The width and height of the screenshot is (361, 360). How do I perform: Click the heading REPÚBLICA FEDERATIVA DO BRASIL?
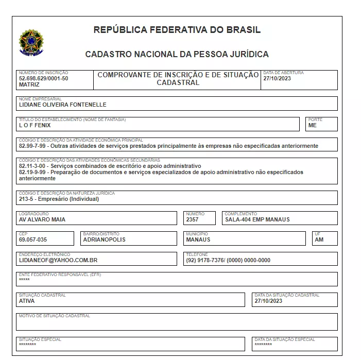[177, 30]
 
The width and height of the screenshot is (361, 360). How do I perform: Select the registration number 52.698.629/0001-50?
[43, 78]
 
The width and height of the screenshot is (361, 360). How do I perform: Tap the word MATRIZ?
[28, 84]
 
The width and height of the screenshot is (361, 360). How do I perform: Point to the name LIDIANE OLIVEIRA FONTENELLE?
[62, 105]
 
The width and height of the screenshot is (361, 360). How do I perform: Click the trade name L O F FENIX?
[35, 125]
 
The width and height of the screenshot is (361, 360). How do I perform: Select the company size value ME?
[312, 125]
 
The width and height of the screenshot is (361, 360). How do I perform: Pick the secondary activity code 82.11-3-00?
[33, 166]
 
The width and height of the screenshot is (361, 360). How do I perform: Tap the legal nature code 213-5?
[26, 199]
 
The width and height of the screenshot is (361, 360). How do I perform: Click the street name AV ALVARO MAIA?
[42, 219]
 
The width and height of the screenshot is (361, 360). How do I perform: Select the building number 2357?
[193, 219]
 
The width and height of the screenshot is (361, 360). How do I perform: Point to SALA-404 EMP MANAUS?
[257, 219]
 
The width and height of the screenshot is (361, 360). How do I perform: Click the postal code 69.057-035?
[32, 239]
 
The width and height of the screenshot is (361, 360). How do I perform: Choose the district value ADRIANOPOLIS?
[105, 239]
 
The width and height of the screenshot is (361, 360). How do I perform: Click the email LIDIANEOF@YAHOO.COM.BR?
[58, 260]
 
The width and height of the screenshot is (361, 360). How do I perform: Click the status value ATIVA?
[26, 301]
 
